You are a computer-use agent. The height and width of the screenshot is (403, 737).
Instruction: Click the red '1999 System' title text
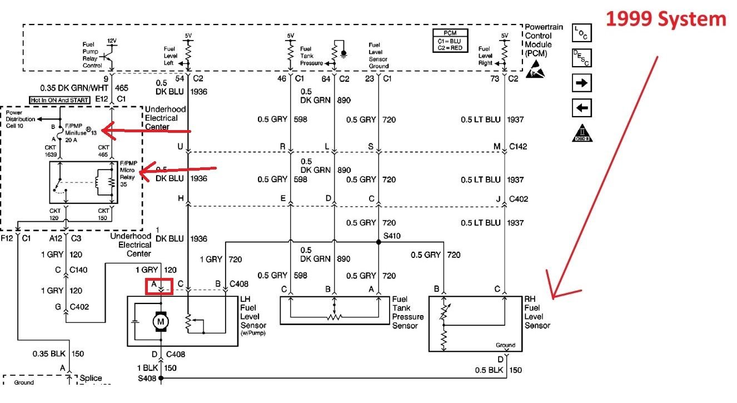point(666,19)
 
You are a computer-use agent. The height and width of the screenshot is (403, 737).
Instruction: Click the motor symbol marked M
point(161,321)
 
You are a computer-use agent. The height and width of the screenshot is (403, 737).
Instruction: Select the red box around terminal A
point(160,286)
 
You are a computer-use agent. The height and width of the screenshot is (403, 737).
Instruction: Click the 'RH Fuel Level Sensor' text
point(536,312)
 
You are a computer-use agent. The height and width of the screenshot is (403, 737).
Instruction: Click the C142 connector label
point(519,147)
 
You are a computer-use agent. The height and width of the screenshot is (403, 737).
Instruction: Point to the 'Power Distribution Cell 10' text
point(21,119)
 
